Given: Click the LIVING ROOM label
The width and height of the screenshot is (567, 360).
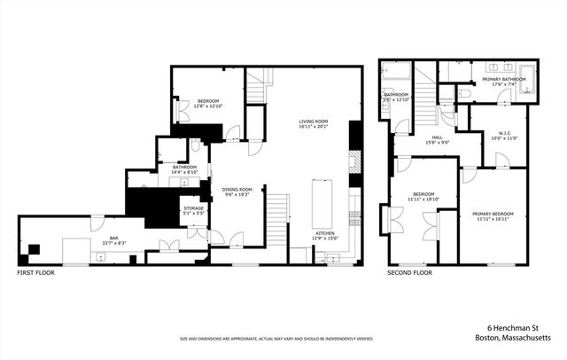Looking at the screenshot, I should click(x=313, y=121).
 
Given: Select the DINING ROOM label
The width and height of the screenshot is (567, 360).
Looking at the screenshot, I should click(x=237, y=189).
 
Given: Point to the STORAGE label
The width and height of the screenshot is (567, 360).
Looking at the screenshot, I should click(x=193, y=208).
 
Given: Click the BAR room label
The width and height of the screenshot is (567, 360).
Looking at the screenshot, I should click(x=114, y=238).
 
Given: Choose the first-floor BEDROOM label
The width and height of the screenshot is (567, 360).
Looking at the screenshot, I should click(x=210, y=101).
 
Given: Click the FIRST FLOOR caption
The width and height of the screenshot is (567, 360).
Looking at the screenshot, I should click(x=36, y=272).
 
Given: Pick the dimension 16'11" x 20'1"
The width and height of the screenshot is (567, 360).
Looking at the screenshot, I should click(x=313, y=127).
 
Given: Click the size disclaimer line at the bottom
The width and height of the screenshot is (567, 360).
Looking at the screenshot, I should click(x=276, y=338).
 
